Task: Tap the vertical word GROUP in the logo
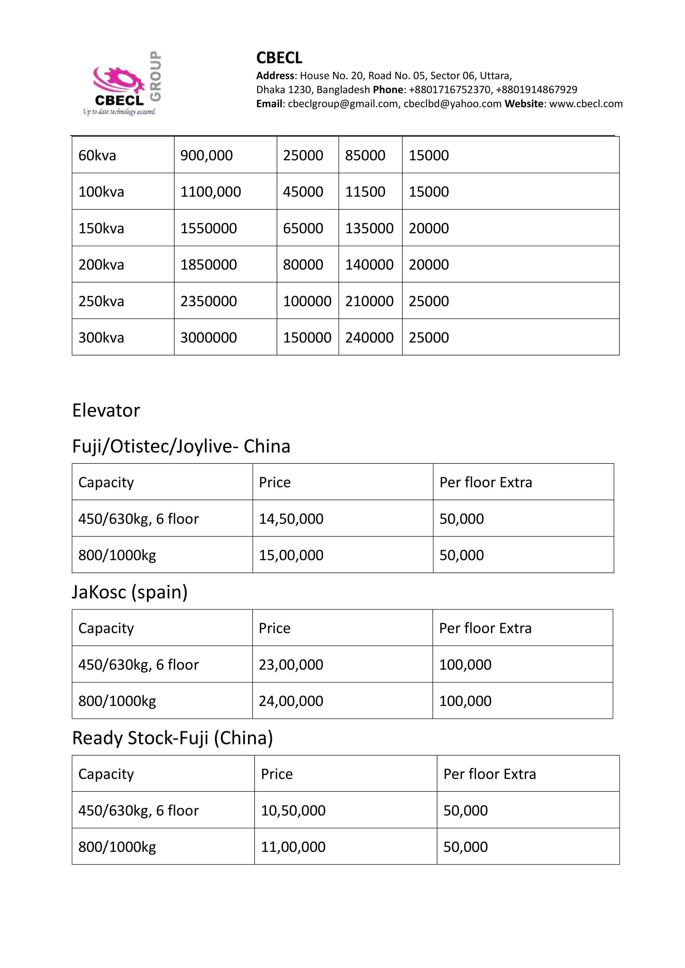click(x=156, y=76)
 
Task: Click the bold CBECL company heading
click(x=279, y=58)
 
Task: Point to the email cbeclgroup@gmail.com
click(x=342, y=104)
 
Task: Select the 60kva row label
click(x=97, y=155)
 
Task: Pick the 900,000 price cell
click(x=206, y=155)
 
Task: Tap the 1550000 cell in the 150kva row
click(x=208, y=228)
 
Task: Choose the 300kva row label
click(x=101, y=337)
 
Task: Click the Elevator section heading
click(x=106, y=410)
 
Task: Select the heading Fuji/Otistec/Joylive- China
click(x=181, y=446)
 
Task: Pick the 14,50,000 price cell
click(x=291, y=519)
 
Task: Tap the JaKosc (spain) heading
click(x=129, y=592)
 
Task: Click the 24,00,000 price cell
click(x=291, y=701)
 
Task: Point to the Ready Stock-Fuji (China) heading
click(x=173, y=738)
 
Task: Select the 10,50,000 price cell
click(x=293, y=810)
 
